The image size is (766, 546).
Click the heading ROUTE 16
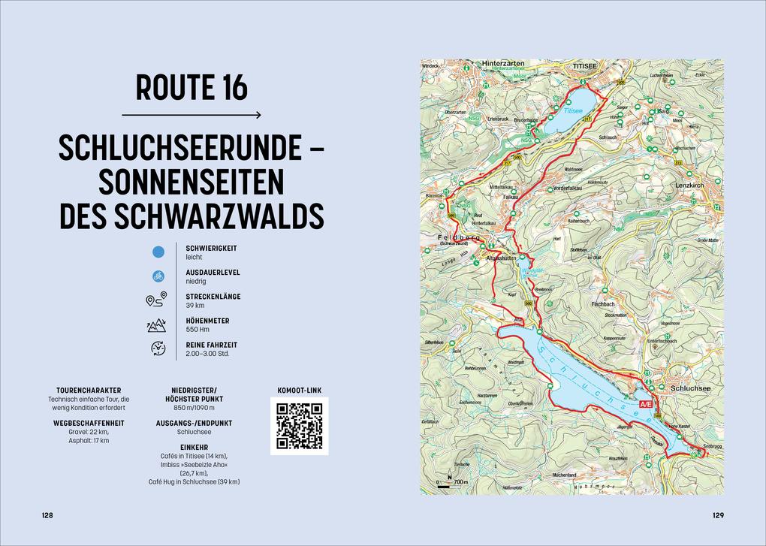(191, 88)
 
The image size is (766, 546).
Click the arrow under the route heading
(191, 115)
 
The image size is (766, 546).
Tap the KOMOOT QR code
(299, 426)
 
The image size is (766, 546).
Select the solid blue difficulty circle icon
(158, 252)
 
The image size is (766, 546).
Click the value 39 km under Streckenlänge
(195, 306)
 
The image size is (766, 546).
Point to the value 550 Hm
(197, 330)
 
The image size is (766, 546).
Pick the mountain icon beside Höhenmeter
(157, 325)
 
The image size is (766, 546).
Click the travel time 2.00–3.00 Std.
(208, 353)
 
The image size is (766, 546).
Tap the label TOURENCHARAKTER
(89, 391)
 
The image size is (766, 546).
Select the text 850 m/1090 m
(195, 408)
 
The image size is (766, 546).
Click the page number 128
(47, 515)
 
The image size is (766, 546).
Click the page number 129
(718, 515)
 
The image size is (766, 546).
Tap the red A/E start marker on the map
(645, 405)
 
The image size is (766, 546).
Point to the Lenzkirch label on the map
(689, 185)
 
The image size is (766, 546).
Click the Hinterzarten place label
(502, 65)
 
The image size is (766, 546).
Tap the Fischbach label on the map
(603, 304)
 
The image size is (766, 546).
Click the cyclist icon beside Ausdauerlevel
(158, 276)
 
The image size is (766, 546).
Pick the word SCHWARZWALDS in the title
(222, 216)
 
